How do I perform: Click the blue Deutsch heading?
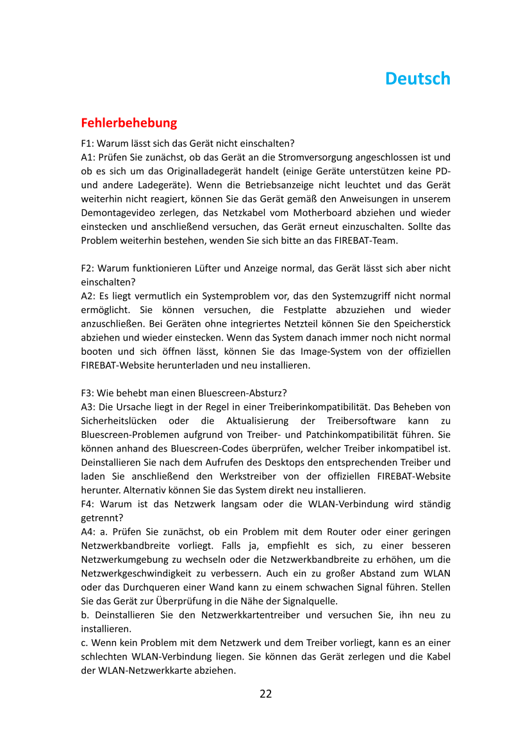click(x=417, y=79)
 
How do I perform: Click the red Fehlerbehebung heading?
click(x=129, y=122)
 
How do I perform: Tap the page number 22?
click(x=265, y=693)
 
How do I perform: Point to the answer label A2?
click(x=88, y=296)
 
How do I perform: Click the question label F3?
click(x=88, y=393)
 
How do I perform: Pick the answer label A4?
click(x=88, y=531)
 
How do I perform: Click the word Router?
click(x=342, y=531)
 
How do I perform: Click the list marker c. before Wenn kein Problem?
click(x=85, y=642)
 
